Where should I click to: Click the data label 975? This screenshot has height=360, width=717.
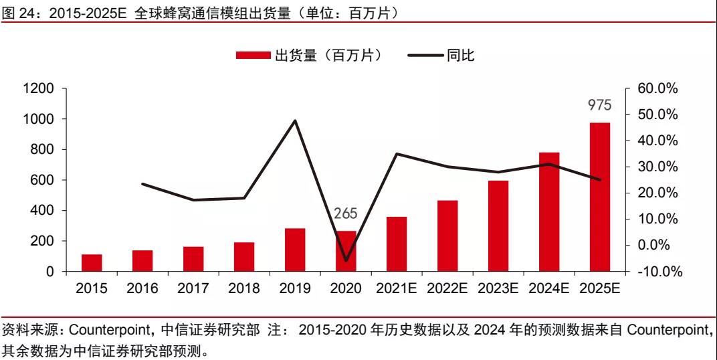point(599,105)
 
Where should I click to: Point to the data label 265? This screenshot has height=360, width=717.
point(346,214)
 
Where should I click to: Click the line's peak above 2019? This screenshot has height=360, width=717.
point(295,120)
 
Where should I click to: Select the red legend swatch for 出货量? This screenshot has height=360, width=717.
point(253,56)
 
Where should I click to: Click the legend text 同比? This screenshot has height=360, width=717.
point(461,56)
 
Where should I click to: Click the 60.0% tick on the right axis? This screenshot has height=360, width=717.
point(657,89)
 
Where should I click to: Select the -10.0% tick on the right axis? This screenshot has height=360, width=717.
point(657,272)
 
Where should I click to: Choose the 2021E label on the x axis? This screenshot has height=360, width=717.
point(397,289)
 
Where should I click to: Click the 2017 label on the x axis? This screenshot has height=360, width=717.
point(193,289)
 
